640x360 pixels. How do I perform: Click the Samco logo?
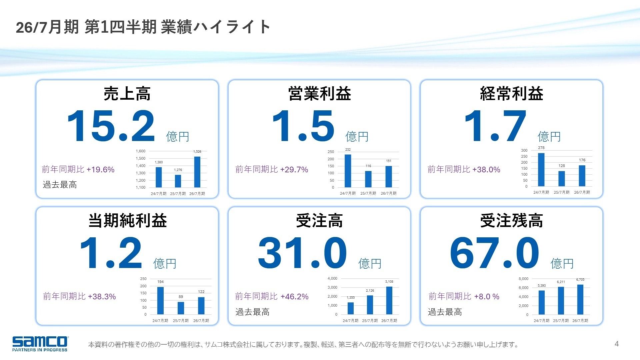[x=40, y=343]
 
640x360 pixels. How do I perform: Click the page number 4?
[x=616, y=344]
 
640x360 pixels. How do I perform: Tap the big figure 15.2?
[x=111, y=127]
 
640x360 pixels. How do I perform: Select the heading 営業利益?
[x=319, y=94]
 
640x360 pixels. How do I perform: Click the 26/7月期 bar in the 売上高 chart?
[x=197, y=172]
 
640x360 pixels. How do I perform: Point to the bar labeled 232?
[x=348, y=171]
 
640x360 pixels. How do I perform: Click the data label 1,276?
[x=178, y=170]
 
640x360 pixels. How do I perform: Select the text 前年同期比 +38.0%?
[x=464, y=169]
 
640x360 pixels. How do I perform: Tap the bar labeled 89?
[x=181, y=308]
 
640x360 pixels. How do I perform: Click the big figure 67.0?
[x=494, y=253]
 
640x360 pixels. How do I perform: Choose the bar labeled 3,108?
[x=389, y=300]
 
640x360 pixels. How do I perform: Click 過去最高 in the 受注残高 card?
[x=445, y=312]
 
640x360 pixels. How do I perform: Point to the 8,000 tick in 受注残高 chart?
[x=523, y=279]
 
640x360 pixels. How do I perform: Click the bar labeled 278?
[x=541, y=170]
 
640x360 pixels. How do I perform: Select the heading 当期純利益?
[x=127, y=221]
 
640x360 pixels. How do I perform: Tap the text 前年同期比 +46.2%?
[x=272, y=296]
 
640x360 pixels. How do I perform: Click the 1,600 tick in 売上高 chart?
[x=140, y=151]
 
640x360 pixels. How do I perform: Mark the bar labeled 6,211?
[x=561, y=300]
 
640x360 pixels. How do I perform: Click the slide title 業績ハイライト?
[x=215, y=27]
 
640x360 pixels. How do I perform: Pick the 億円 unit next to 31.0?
[x=370, y=264]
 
